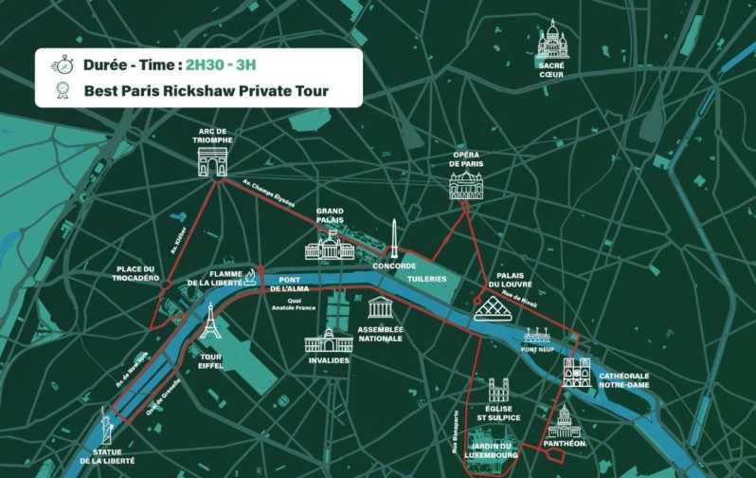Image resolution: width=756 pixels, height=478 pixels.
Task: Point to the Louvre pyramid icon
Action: [x=493, y=307]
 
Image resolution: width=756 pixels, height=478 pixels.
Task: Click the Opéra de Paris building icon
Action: [x=465, y=185]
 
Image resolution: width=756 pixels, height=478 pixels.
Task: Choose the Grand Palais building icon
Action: [x=330, y=248]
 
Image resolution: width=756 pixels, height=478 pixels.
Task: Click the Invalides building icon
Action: [x=329, y=340]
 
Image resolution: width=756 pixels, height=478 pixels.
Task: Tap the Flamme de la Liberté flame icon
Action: [x=250, y=276]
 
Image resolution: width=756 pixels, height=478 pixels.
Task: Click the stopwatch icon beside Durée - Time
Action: [x=62, y=65]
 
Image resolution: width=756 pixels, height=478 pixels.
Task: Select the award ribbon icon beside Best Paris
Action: [x=63, y=91]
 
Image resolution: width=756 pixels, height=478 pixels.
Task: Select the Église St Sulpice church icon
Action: [x=498, y=390]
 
